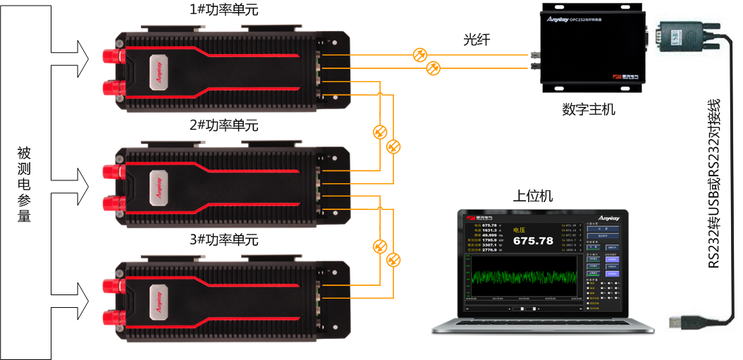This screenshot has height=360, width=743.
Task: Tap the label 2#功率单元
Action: pos(223,125)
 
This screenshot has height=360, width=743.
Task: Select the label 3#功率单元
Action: pos(223,240)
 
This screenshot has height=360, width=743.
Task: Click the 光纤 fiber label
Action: pos(477,41)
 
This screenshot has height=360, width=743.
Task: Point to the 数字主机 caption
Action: pos(589,110)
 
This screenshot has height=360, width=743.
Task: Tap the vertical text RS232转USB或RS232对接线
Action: pos(715,184)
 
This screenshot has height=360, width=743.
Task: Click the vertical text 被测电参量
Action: pos(24,185)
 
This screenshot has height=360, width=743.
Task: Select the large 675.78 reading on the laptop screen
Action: pos(533,241)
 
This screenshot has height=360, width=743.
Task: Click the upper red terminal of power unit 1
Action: pos(111,55)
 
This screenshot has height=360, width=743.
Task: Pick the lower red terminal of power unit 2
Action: pos(111,204)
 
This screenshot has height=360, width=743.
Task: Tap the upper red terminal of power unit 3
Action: pos(111,285)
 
